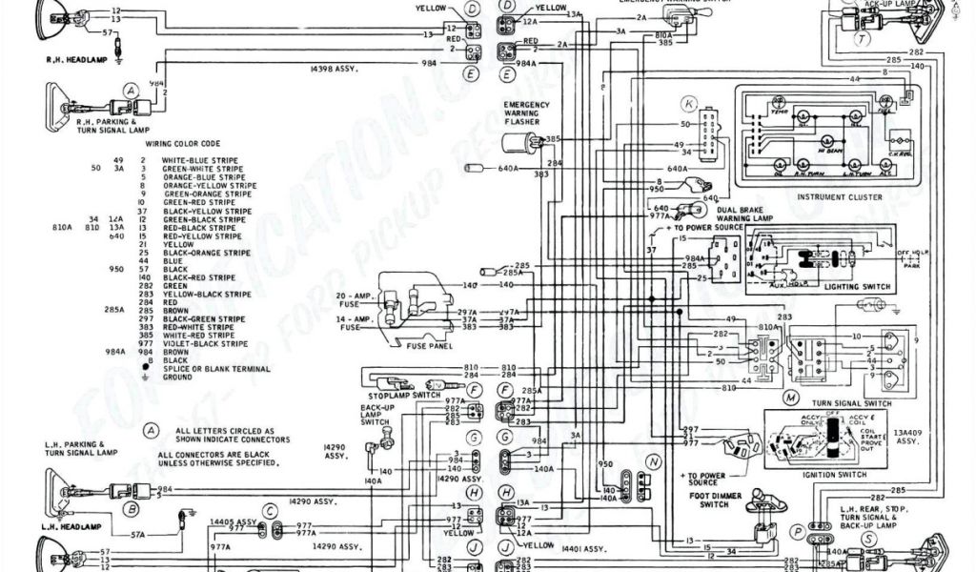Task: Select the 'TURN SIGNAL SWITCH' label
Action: coord(851,403)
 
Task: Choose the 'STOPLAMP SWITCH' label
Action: coord(397,394)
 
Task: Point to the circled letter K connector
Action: coord(688,102)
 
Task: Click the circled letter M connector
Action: coord(790,396)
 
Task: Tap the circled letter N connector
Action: coord(653,460)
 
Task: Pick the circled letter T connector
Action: coord(861,39)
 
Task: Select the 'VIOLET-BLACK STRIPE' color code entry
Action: coord(198,343)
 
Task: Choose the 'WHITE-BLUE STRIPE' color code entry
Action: coord(199,160)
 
